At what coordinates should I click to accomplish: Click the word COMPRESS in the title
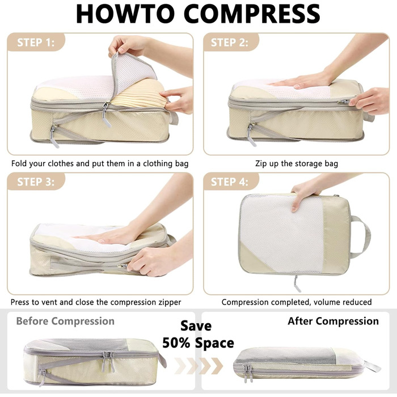click(x=252, y=14)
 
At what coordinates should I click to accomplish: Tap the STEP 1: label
click(x=36, y=43)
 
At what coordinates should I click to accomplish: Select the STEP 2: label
click(x=229, y=43)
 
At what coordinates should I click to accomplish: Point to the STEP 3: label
click(x=36, y=182)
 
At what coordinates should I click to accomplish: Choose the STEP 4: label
click(x=229, y=182)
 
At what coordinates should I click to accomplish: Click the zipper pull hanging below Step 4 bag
click(x=297, y=284)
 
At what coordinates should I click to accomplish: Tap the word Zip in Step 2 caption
click(x=261, y=164)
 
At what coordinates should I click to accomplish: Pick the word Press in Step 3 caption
click(x=20, y=302)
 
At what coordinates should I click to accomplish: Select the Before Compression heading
click(x=65, y=322)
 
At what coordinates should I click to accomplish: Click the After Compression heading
click(x=333, y=321)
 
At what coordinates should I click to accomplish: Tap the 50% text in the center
click(x=176, y=343)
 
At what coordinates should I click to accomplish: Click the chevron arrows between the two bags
click(x=198, y=366)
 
